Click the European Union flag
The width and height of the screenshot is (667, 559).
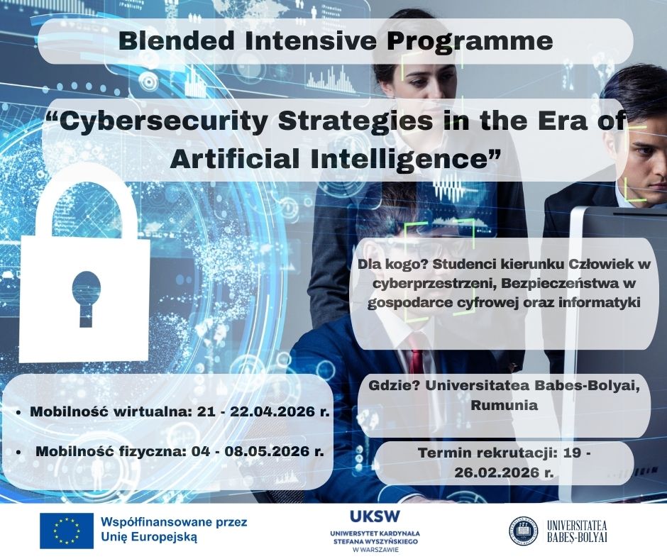67,531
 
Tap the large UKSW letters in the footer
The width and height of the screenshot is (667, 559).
375,516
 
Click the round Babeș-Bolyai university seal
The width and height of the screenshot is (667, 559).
523,530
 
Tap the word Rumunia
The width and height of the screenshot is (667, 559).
504,405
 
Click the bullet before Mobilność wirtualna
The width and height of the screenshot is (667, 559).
18,413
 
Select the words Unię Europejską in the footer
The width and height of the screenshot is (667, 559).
149,537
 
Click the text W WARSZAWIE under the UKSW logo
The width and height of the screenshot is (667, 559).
375,549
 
